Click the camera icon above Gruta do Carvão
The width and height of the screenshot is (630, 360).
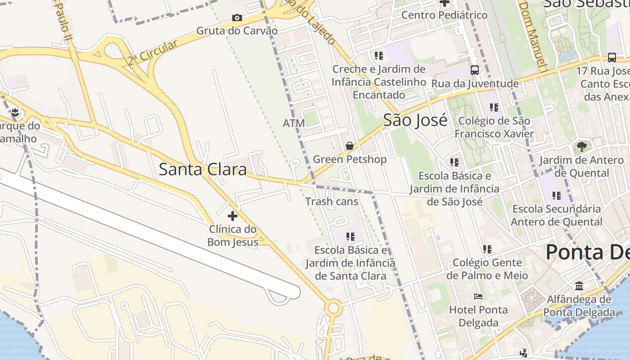click(x=237, y=18)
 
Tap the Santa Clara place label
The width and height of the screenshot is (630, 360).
click(x=203, y=170)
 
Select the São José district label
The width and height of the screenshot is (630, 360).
click(x=415, y=121)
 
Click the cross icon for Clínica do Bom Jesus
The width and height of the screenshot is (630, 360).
click(x=232, y=216)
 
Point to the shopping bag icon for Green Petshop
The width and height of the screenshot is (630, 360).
click(x=349, y=146)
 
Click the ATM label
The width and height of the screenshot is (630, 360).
click(x=293, y=123)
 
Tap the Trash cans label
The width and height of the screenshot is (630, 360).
click(x=332, y=202)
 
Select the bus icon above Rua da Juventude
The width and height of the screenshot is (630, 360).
click(x=474, y=70)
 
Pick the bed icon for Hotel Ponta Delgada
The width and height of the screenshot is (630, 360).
click(x=478, y=297)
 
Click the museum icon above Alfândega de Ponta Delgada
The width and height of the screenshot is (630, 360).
click(x=579, y=286)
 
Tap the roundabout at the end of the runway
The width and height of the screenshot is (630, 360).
click(x=333, y=309)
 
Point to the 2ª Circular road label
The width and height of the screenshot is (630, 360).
click(x=152, y=53)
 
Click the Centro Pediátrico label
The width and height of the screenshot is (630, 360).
click(x=444, y=15)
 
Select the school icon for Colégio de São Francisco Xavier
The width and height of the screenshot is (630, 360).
click(x=494, y=108)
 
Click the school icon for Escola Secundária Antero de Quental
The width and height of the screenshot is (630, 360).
click(x=557, y=196)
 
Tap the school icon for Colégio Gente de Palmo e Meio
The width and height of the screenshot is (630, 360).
click(x=487, y=249)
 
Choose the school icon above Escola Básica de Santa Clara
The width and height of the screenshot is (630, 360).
click(x=351, y=236)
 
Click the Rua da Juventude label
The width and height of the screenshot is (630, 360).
click(x=475, y=84)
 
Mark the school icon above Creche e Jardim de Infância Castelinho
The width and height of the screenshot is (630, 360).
click(x=378, y=56)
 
